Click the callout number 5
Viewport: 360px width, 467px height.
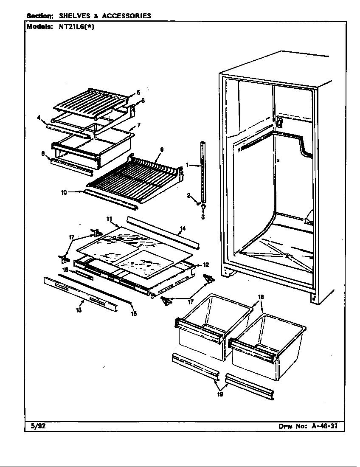tap(138, 92)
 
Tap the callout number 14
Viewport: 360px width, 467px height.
tap(182, 228)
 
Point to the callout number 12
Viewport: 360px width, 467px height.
tap(205, 265)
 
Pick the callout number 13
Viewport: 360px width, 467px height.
tap(79, 310)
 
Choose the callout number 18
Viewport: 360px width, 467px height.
tap(261, 297)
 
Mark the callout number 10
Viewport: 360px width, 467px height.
tap(64, 192)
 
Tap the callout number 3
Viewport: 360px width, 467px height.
tap(203, 217)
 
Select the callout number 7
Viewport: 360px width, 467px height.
tap(138, 126)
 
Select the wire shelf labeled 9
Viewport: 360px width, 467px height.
tap(132, 174)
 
